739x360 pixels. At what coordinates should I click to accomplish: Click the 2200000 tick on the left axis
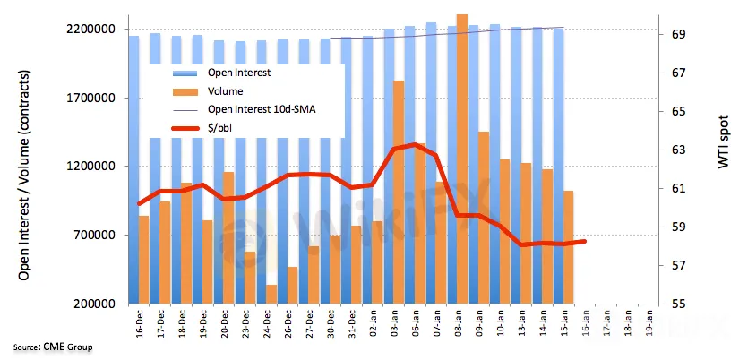pyautogui.click(x=91, y=30)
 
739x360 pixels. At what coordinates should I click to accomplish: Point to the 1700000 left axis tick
pyautogui.click(x=91, y=99)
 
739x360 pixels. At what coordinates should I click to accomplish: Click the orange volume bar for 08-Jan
pyautogui.click(x=462, y=161)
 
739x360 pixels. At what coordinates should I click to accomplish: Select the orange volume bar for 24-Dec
pyautogui.click(x=271, y=295)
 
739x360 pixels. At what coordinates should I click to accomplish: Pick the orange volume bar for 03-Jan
pyautogui.click(x=399, y=193)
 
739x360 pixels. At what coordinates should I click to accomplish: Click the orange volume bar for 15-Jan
pyautogui.click(x=568, y=247)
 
